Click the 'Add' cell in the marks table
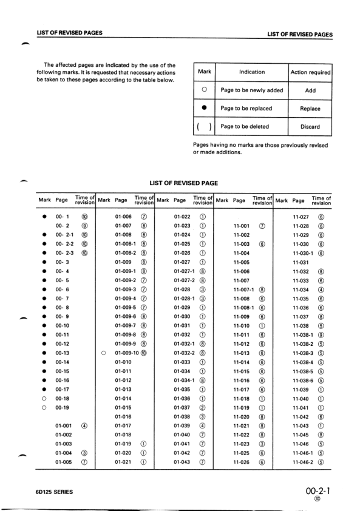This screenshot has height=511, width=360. (310, 90)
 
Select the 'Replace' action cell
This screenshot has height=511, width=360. (310, 109)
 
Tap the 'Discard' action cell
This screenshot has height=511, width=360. (310, 127)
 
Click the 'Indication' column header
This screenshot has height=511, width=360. (251, 72)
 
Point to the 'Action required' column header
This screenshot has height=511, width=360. (310, 72)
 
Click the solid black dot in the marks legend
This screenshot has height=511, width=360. (204, 109)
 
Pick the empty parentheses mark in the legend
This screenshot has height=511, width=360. (204, 127)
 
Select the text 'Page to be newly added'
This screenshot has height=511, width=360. (251, 90)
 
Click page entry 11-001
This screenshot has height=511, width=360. (242, 226)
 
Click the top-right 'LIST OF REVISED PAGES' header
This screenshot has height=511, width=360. (300, 34)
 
